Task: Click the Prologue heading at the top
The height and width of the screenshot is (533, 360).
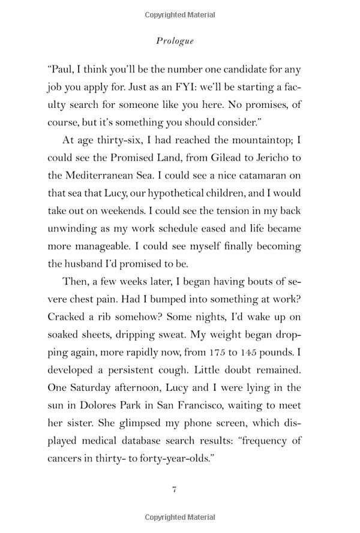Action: (173, 41)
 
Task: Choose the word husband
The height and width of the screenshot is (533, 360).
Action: (86, 264)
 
